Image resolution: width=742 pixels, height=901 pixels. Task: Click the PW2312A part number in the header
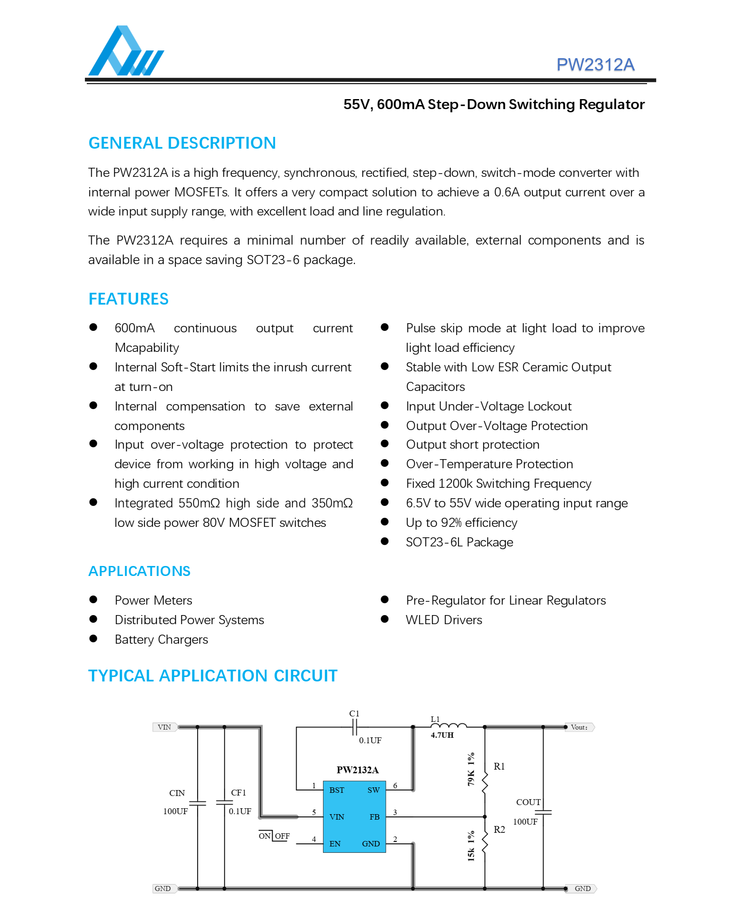tap(595, 65)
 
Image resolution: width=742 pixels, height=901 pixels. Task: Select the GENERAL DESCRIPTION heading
tap(182, 143)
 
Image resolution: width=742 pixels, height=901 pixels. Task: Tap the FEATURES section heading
tap(129, 299)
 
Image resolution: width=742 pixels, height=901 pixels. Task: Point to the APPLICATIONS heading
tap(139, 571)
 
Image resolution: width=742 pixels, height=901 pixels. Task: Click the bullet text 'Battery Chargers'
tap(161, 640)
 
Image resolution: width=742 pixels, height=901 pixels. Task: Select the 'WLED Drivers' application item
tap(444, 620)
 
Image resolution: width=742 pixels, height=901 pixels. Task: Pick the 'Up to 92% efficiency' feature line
tap(461, 523)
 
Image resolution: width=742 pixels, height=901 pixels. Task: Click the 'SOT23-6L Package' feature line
tap(459, 542)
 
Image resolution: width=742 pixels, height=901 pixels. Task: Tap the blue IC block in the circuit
tap(354, 817)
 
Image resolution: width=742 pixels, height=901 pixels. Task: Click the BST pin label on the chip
tap(337, 790)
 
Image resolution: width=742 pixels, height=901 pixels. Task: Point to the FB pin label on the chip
tap(374, 817)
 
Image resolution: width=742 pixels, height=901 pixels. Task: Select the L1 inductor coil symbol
tap(449, 726)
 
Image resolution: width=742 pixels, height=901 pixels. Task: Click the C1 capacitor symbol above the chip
tap(354, 727)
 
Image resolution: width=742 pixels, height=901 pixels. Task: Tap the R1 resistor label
tap(499, 766)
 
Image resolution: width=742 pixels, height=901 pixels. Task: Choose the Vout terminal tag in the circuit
tap(579, 727)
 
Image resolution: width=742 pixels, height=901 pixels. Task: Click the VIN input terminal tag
tap(164, 727)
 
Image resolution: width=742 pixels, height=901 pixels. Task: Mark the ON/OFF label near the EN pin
tap(274, 836)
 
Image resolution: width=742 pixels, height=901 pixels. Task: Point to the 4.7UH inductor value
tap(442, 735)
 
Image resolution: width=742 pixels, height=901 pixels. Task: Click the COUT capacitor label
tap(528, 802)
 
